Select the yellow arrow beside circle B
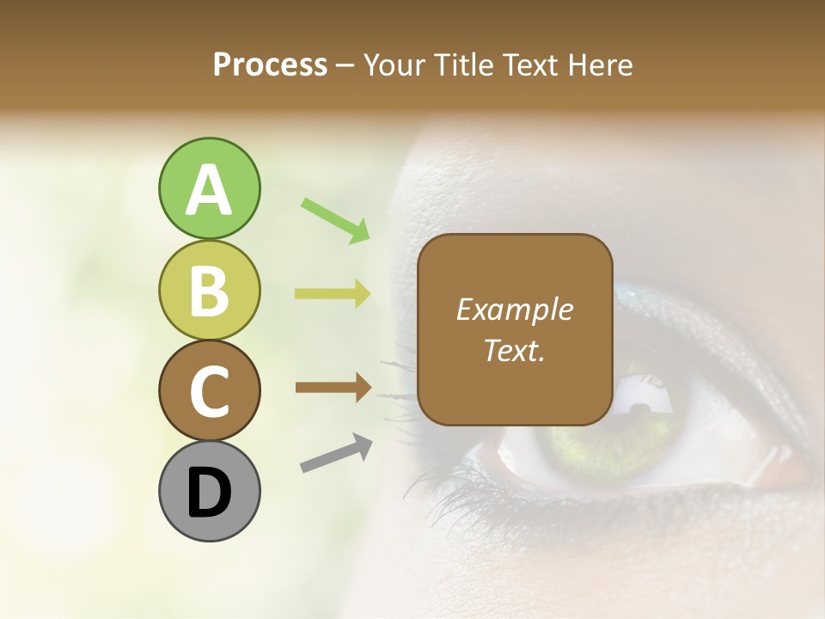(333, 294)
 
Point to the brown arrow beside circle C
(333, 387)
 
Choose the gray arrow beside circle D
(336, 453)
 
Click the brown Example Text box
(515, 329)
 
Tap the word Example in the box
(515, 309)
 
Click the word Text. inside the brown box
(515, 350)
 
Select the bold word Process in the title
(270, 64)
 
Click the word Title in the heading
(463, 64)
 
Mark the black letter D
(209, 493)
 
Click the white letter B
(209, 291)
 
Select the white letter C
(209, 391)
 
